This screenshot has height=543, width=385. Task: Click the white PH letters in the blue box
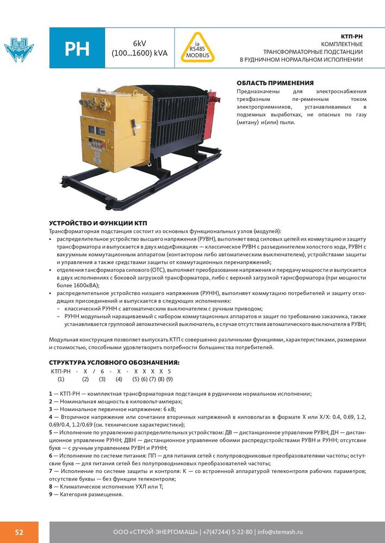[x=77, y=49]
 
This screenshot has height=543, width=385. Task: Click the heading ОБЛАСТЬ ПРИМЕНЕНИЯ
[x=275, y=83]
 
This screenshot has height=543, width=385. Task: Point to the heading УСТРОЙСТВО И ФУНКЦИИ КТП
[x=98, y=224]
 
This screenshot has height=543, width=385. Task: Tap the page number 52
[x=19, y=532]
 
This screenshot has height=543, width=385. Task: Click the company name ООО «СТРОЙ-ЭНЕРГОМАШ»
[x=154, y=532]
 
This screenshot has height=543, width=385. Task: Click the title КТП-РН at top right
[x=351, y=36]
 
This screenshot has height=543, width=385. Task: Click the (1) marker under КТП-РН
[x=61, y=379]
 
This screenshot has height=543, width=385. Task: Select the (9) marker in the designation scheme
[x=169, y=379]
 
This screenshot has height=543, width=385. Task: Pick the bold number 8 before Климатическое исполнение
[x=51, y=487]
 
